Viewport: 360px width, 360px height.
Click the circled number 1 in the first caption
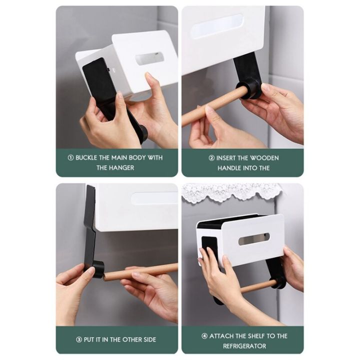[x=70, y=157]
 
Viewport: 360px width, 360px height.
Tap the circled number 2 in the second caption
[x=211, y=157]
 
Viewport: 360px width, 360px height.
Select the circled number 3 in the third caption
[x=79, y=339]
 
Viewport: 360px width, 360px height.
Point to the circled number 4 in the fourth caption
[x=205, y=336]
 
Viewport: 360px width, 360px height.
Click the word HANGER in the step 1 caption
[x=122, y=168]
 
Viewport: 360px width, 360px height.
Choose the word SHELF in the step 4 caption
[x=254, y=336]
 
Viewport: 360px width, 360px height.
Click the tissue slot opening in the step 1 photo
[x=149, y=58]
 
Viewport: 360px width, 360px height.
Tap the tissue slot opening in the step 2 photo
[x=216, y=26]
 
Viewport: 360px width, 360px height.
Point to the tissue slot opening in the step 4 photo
[x=254, y=238]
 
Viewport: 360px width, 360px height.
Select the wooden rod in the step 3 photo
[x=140, y=271]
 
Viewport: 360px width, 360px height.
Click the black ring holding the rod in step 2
[x=250, y=88]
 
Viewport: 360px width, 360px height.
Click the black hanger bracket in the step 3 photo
[x=90, y=225]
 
